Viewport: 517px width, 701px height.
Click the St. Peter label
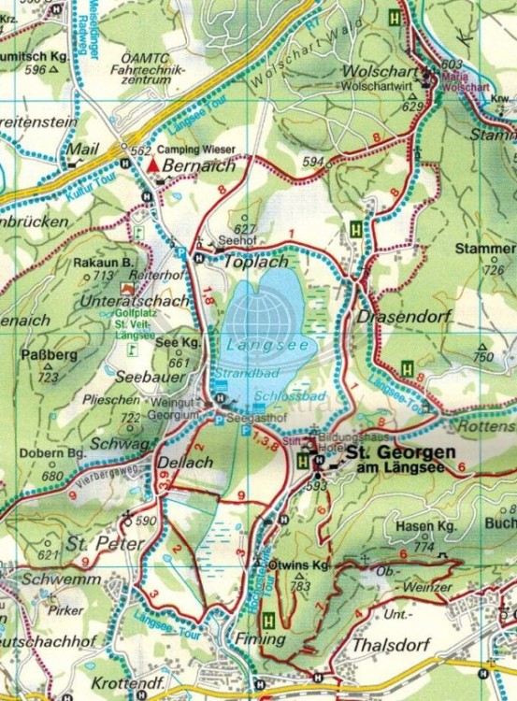pos(105,543)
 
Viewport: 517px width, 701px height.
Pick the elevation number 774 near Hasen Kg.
pos(424,546)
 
